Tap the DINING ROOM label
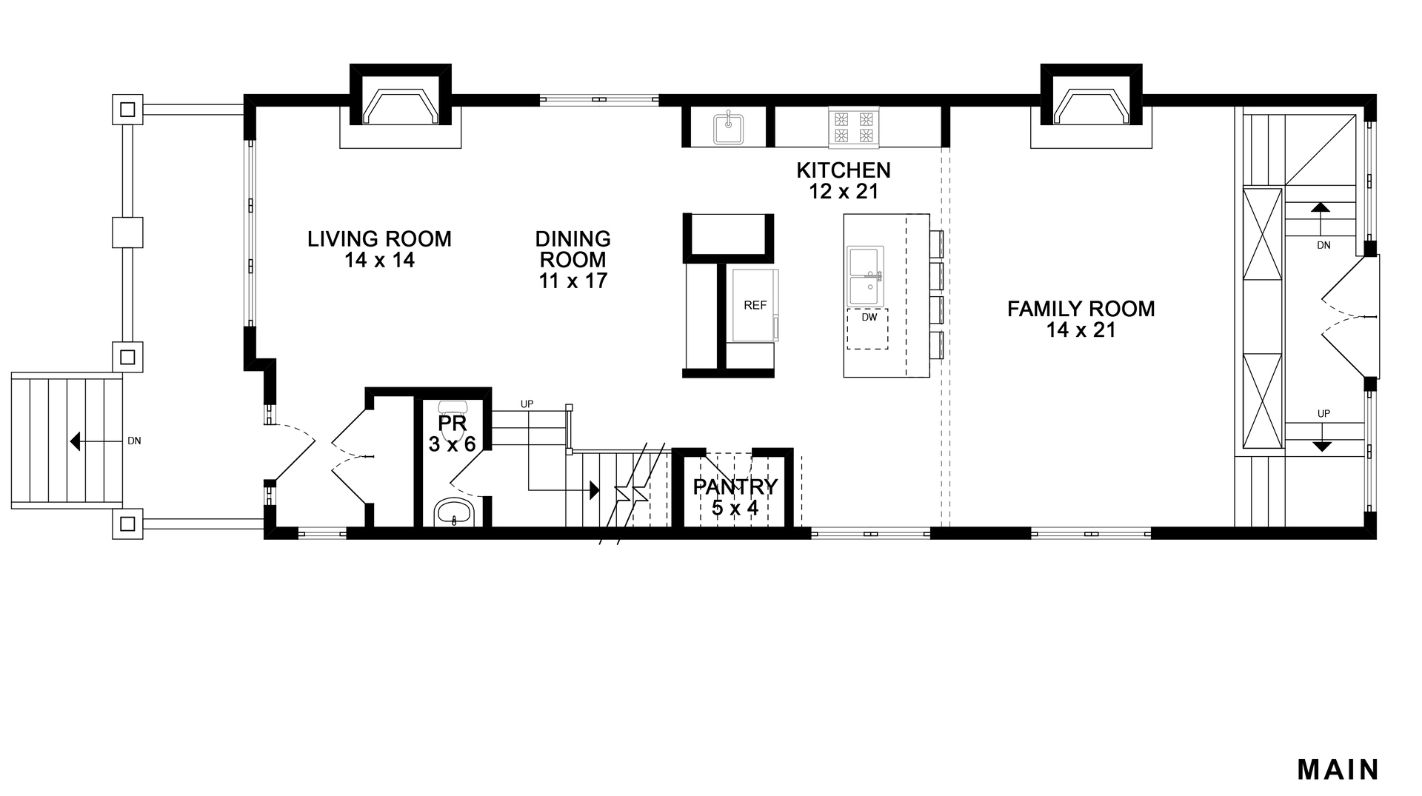pyautogui.click(x=573, y=250)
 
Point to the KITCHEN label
pyautogui.click(x=844, y=170)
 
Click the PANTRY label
pyautogui.click(x=735, y=487)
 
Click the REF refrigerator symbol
pyautogui.click(x=755, y=305)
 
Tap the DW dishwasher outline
pyautogui.click(x=868, y=329)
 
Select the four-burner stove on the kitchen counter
pyautogui.click(x=854, y=126)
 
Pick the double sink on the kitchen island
pyautogui.click(x=865, y=275)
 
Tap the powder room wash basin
pyautogui.click(x=453, y=512)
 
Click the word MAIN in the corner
pyautogui.click(x=1338, y=769)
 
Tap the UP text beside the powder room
pyautogui.click(x=527, y=404)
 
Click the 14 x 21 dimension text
pyautogui.click(x=1081, y=330)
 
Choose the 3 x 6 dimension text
pyautogui.click(x=452, y=444)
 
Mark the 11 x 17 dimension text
pyautogui.click(x=573, y=281)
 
